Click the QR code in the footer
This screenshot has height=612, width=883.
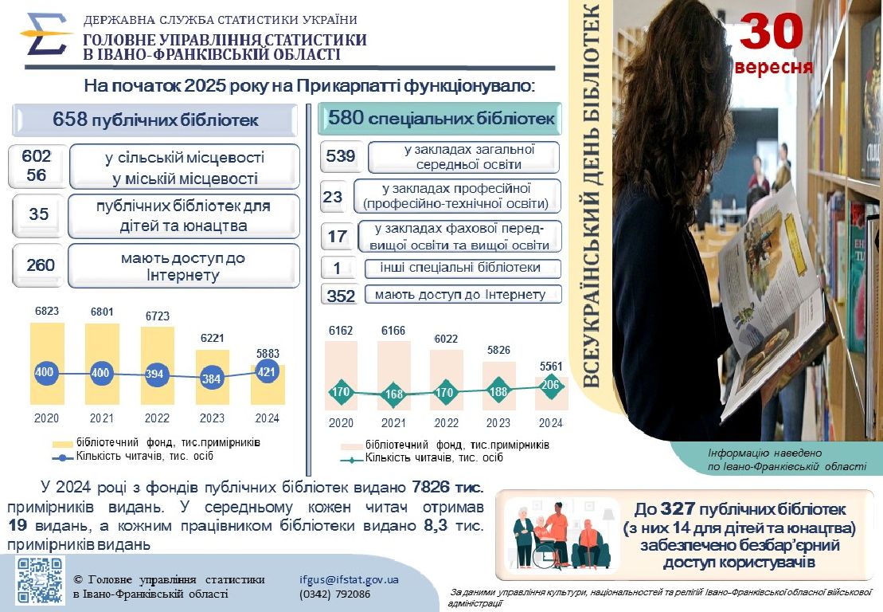click(x=40, y=580)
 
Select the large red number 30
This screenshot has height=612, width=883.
click(x=771, y=31)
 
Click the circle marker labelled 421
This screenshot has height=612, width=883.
click(x=268, y=371)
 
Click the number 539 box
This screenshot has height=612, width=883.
click(x=341, y=156)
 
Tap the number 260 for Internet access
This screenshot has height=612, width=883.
click(x=41, y=265)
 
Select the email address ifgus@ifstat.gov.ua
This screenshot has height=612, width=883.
click(x=349, y=580)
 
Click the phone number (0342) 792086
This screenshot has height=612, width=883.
click(x=334, y=594)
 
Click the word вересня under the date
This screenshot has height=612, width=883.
click(x=774, y=67)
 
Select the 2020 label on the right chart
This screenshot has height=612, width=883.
click(x=341, y=423)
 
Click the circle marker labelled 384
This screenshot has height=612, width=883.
click(x=211, y=379)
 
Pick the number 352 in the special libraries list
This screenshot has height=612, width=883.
click(x=341, y=295)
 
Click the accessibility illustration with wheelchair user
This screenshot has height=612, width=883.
click(x=557, y=533)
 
